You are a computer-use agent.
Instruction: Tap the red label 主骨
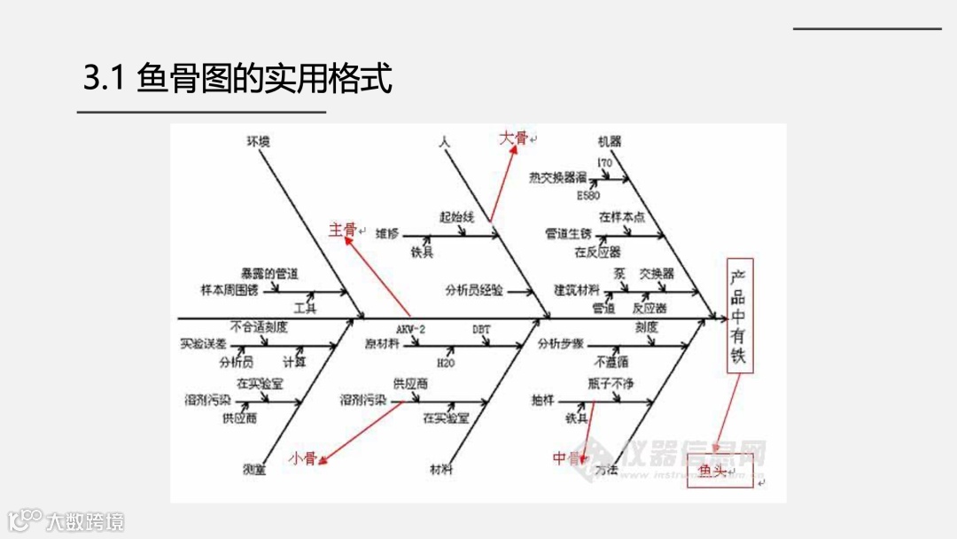tap(343, 230)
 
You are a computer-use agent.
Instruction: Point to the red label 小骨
tap(302, 458)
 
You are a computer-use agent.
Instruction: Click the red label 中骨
tap(565, 457)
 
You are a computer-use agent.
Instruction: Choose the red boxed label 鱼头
tap(712, 471)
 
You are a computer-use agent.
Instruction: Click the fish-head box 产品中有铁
tap(738, 316)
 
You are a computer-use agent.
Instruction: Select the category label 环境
tap(258, 141)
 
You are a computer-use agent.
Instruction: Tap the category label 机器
tap(610, 141)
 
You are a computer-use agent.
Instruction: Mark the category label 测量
tap(254, 469)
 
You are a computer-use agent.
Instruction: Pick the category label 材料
tap(440, 469)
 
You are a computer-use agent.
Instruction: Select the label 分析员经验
tap(474, 290)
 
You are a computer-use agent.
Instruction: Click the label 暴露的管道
tap(269, 273)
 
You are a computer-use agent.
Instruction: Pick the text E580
tap(588, 193)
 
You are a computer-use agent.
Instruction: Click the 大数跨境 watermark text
tap(85, 521)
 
